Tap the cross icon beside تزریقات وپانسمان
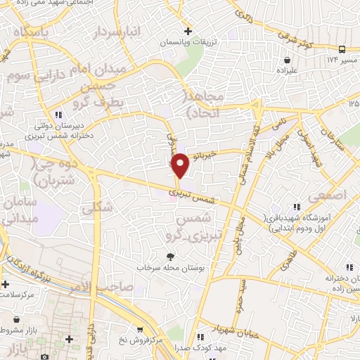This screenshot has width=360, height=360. coord(188,31)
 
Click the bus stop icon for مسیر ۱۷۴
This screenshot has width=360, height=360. coord(342,49)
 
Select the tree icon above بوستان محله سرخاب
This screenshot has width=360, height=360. coord(169,257)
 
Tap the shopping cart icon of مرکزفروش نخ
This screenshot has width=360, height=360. coord(141,330)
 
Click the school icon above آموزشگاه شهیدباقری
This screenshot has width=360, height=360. coord(297,206)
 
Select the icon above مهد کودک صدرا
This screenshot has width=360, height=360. coord(202,336)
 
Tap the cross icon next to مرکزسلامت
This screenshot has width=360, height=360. coord(6,285)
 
